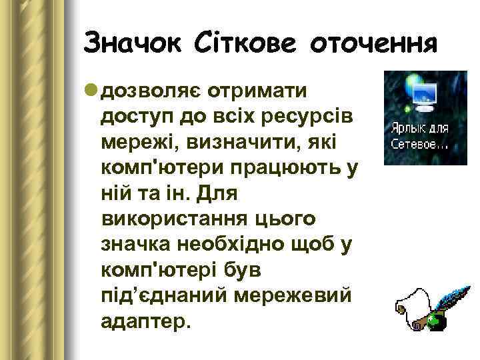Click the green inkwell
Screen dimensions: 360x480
434,320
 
